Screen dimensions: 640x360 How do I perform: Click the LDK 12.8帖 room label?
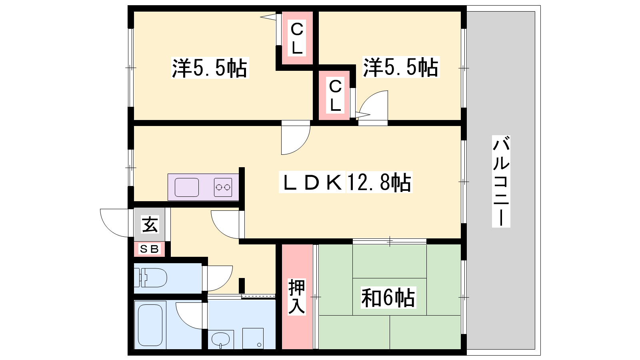pos(346,182)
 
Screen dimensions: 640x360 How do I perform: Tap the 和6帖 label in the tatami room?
pos(388,298)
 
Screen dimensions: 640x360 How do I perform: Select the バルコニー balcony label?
pos(501,182)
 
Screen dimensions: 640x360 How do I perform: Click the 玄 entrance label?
pos(150,224)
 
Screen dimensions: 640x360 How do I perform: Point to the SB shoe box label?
pos(149,249)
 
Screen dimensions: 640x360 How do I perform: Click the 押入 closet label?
pos(296,296)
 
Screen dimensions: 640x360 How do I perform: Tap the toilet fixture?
pos(150,278)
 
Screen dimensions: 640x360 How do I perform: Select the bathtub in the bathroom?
pos(150,325)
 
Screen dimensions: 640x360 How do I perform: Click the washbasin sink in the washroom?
pos(220,339)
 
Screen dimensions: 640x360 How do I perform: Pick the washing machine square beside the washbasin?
pos(253,338)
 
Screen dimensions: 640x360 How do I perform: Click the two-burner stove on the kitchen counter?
pos(223,188)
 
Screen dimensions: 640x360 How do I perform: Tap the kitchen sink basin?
pos(186,188)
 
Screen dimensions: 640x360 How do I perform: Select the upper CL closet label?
pos(297,38)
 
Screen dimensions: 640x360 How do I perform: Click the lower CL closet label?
pos(335,96)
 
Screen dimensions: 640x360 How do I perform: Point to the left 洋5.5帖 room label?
pos(210,68)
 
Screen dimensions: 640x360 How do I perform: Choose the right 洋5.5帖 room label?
pos(401,67)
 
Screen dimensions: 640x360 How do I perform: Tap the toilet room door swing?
pos(226,284)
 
